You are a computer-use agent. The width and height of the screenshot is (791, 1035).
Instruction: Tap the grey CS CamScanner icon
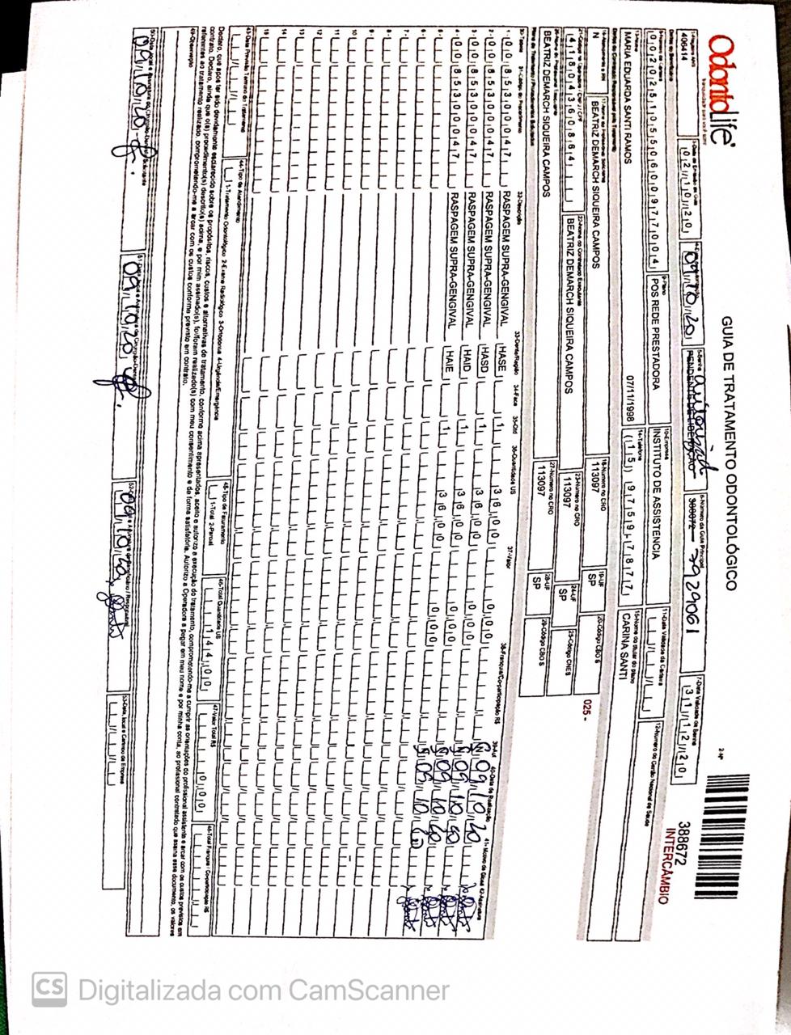49,989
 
